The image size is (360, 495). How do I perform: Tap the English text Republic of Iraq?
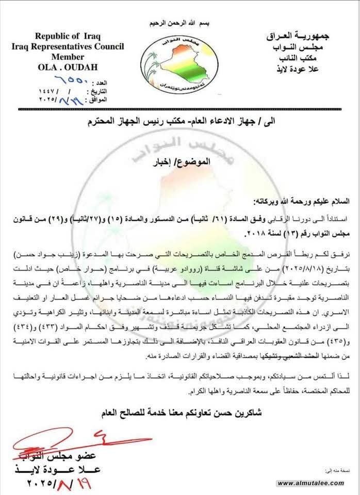[68, 36]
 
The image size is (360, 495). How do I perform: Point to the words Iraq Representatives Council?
[68, 46]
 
